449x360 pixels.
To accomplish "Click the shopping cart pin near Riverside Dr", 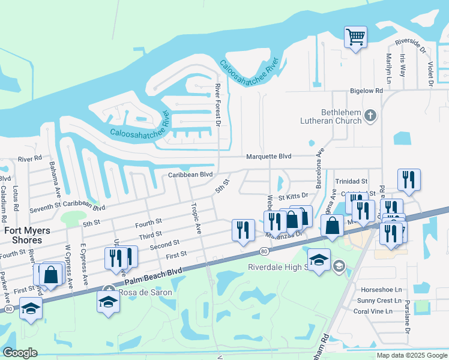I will pos(355,38).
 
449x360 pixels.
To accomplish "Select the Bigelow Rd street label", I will pos(366,91).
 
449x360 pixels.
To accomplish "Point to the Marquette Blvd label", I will pos(269,157).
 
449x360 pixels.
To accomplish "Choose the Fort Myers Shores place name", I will pos(24,235).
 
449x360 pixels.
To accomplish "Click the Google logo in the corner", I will pos(20,352).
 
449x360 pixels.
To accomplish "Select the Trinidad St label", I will pos(351,181).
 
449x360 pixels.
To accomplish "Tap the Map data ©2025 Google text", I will pos(411,355).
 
